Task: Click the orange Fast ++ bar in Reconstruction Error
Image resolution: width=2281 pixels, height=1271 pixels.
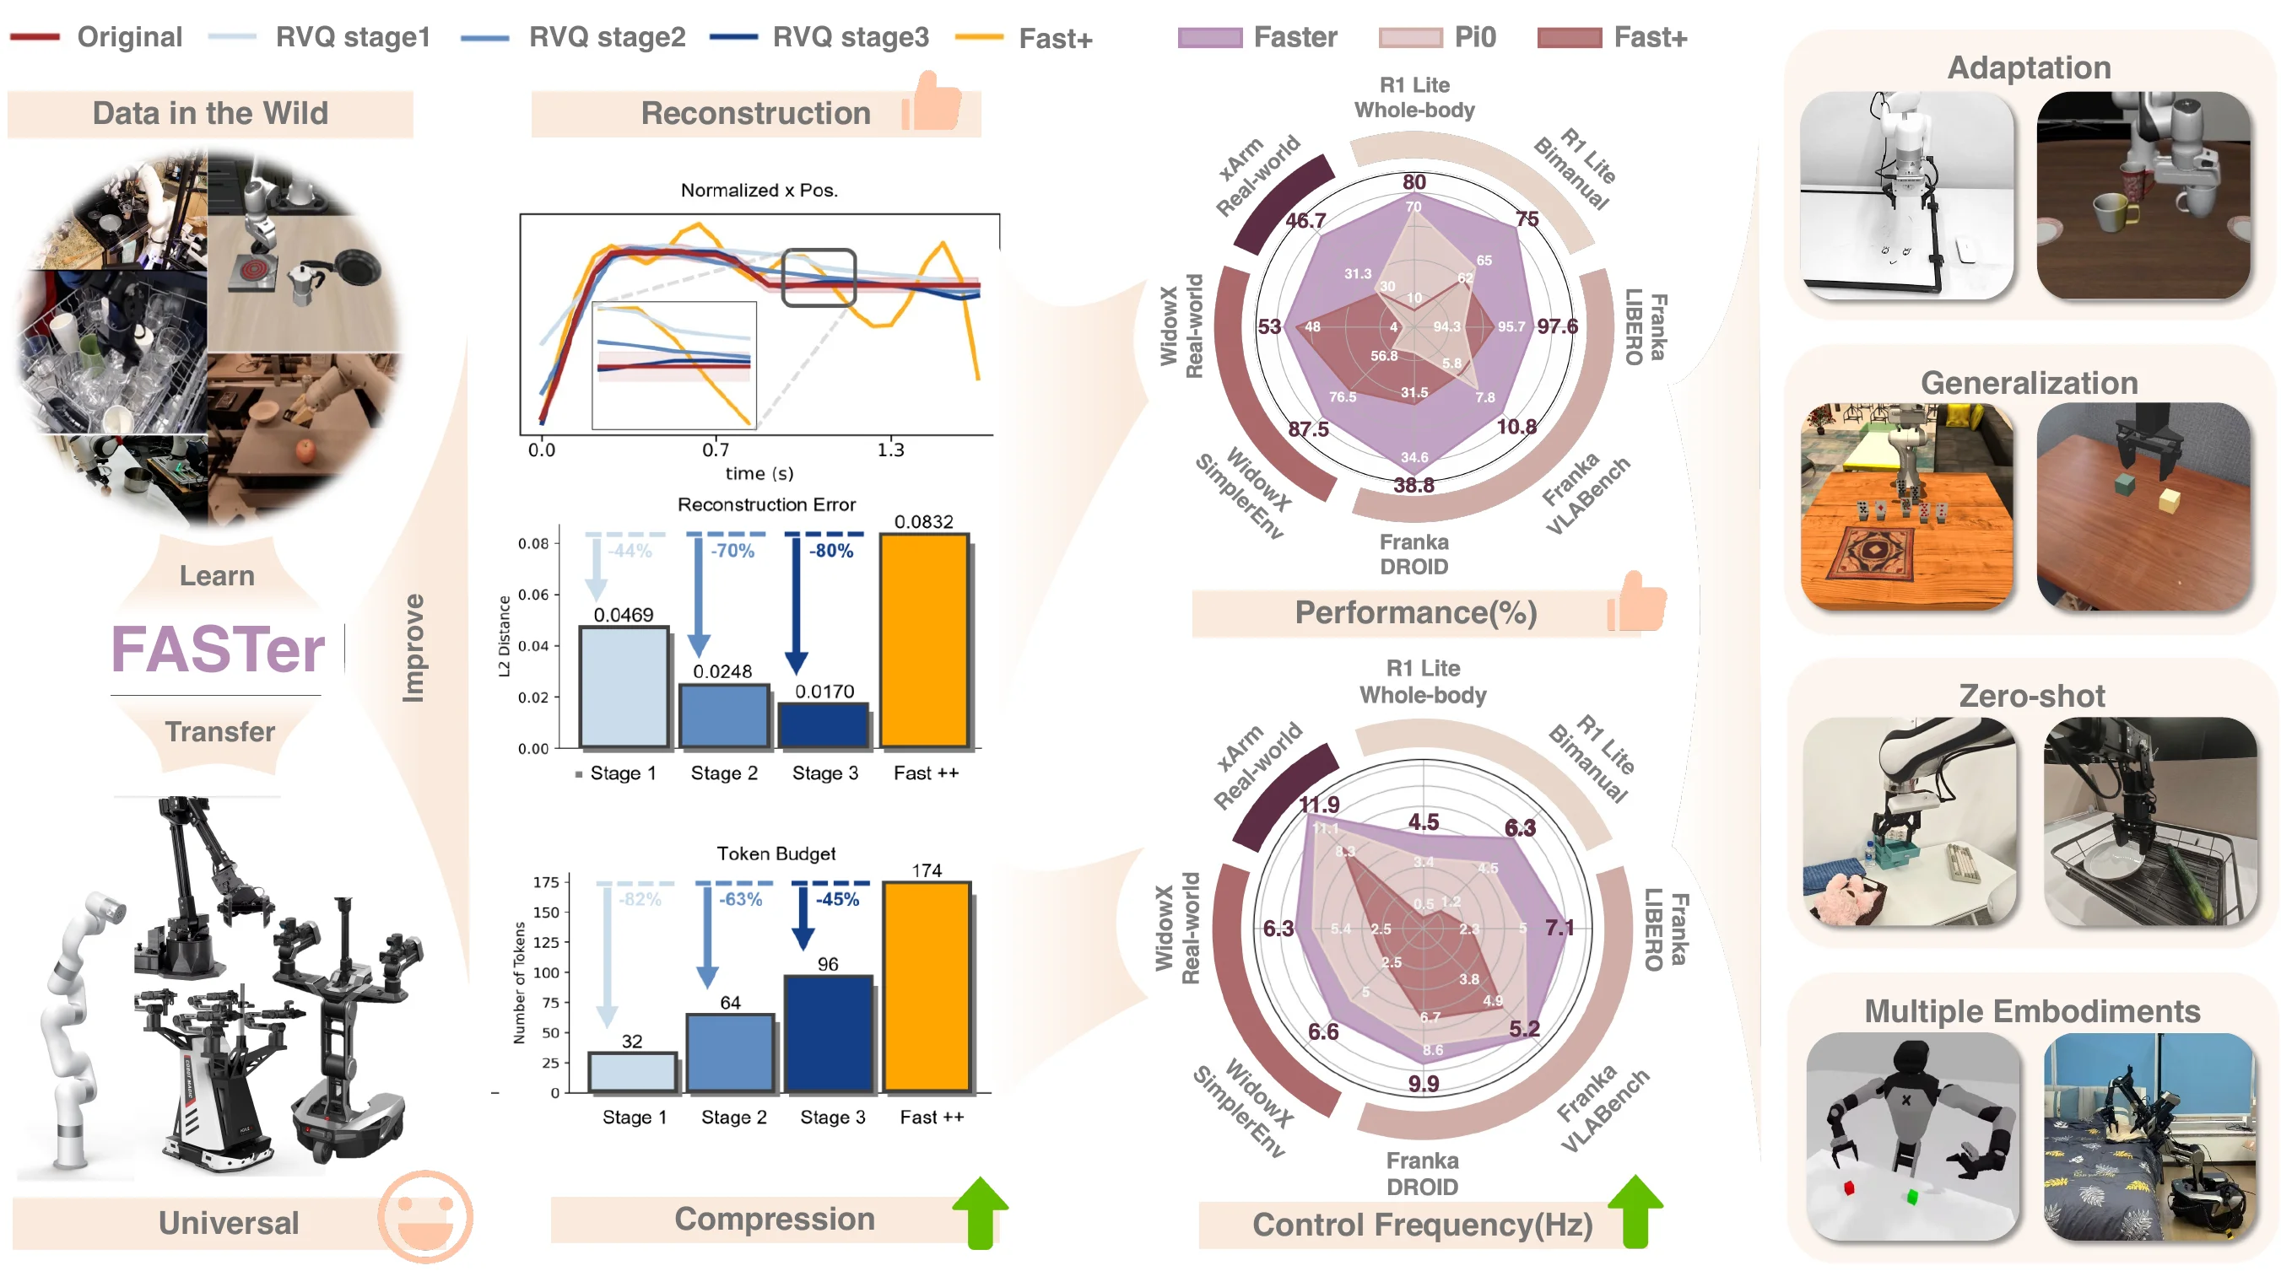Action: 923,641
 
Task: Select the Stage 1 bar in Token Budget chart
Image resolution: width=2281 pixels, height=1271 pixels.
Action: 632,1072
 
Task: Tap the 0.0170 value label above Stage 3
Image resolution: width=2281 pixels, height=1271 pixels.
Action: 824,692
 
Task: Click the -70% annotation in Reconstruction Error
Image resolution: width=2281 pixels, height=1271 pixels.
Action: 732,551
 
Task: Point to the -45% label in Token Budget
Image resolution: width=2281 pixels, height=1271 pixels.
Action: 837,899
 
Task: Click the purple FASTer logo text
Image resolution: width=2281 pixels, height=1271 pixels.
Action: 218,649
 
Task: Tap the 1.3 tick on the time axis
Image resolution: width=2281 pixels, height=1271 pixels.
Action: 891,450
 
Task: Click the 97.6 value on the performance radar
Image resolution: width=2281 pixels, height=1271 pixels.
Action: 1558,326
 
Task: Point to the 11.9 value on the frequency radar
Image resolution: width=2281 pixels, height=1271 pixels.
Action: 1319,805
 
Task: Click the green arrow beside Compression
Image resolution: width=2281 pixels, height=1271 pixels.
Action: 981,1212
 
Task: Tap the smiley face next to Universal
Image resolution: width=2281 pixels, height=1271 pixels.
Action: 425,1217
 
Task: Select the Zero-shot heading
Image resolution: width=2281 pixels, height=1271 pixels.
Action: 2031,696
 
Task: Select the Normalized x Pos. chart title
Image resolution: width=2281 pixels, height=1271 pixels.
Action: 759,191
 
